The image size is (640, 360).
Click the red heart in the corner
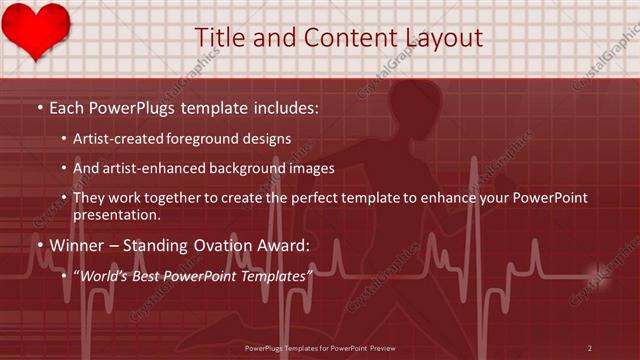coord(35,29)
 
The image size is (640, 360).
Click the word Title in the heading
coord(220,37)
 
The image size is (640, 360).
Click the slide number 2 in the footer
coord(590,348)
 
